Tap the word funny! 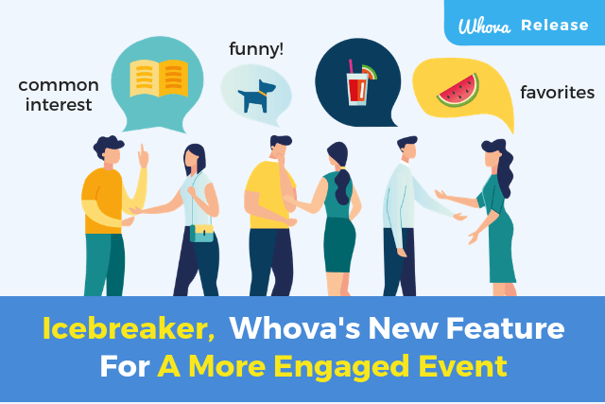[x=255, y=48]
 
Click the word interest [x=59, y=105]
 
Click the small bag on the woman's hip [x=201, y=232]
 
